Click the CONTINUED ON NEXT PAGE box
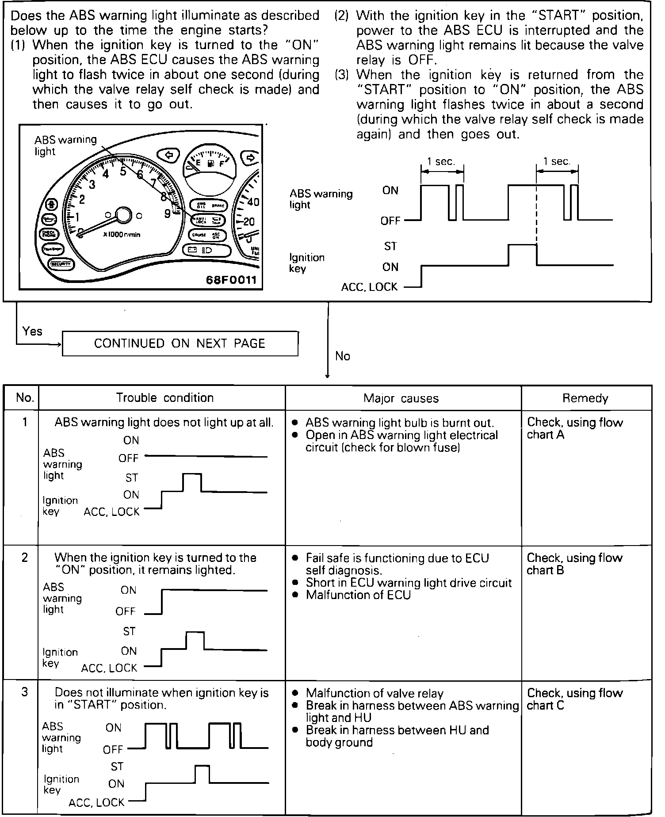tap(180, 344)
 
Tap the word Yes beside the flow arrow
tap(32, 331)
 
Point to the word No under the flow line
tap(343, 356)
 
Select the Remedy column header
tap(585, 398)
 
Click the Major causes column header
tap(401, 398)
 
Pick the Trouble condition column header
tap(164, 398)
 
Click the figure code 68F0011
tap(231, 280)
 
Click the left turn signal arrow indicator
tap(168, 155)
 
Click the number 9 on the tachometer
tap(168, 214)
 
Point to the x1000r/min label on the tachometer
tap(122, 235)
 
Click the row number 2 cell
tap(24, 557)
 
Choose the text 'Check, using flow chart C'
tap(574, 699)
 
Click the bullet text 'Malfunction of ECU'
tap(358, 595)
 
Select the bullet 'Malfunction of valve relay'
tap(374, 693)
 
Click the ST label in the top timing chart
tap(390, 246)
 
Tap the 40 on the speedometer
tap(253, 202)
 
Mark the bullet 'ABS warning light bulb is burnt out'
tap(399, 423)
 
